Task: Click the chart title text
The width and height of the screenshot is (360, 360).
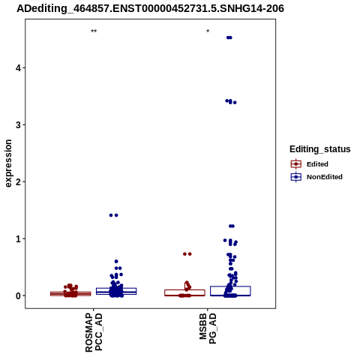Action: tap(150, 8)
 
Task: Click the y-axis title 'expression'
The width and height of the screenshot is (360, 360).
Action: tap(8, 163)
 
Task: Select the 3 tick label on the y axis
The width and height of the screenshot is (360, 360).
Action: tap(18, 124)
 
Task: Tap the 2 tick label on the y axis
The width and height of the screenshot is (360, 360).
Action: tap(18, 181)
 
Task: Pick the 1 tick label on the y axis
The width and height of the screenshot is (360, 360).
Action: tap(18, 238)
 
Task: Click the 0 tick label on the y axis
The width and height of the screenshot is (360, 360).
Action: tap(18, 295)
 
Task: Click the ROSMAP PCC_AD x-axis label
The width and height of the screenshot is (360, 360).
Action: tap(94, 332)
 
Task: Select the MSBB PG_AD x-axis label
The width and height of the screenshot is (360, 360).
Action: tap(208, 328)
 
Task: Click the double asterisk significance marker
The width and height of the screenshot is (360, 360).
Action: tap(94, 31)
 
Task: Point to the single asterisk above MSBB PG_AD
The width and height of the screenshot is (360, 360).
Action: tap(208, 31)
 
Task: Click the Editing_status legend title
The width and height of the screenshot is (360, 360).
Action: tap(320, 149)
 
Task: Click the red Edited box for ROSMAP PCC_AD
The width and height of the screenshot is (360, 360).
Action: tap(70, 294)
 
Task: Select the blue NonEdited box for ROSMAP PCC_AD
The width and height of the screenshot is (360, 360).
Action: tap(116, 291)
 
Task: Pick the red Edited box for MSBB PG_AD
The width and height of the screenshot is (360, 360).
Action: tap(184, 292)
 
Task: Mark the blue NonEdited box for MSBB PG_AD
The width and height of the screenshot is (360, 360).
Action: tap(230, 291)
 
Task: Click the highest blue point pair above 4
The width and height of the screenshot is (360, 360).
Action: tap(229, 37)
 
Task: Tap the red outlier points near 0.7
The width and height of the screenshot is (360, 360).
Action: tap(187, 254)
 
